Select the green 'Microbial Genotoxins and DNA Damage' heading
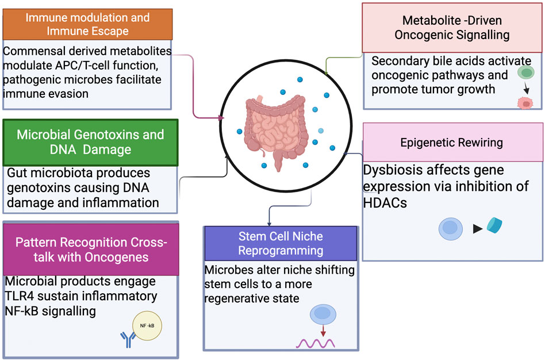click(90, 141)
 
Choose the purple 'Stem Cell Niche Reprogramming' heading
click(281, 243)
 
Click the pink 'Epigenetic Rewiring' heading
click(451, 142)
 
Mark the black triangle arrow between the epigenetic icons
click(477, 229)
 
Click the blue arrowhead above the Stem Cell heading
click(270, 223)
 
